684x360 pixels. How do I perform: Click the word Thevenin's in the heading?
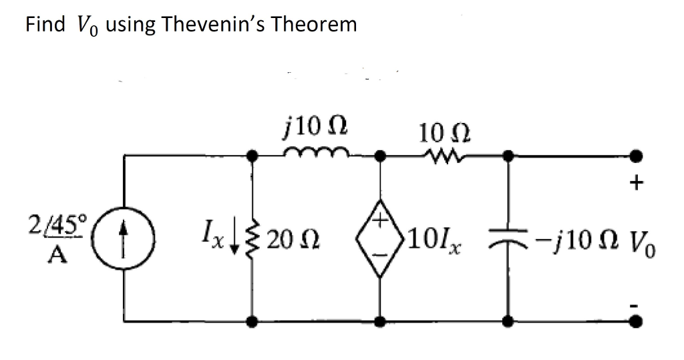coord(203,25)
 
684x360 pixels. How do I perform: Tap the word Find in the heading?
coord(45,25)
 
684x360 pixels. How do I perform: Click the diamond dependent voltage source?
coord(380,238)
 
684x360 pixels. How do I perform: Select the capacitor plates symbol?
coord(508,238)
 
